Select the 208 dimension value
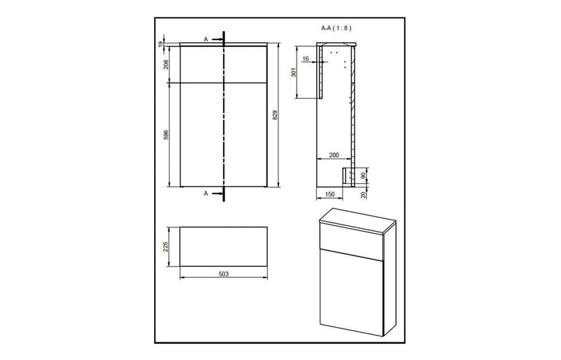coord(166,65)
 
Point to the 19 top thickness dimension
coord(161,44)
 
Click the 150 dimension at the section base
coord(330,195)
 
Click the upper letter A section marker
coord(205,39)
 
